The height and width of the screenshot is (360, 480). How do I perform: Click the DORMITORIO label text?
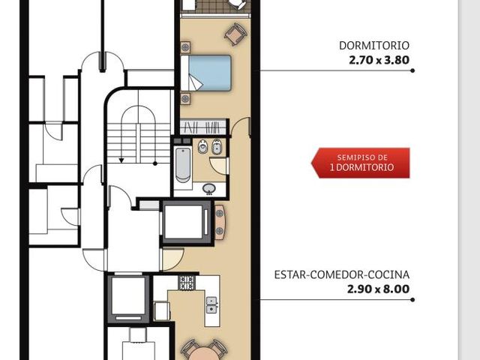pyautogui.click(x=374, y=46)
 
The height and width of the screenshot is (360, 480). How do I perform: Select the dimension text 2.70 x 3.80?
pyautogui.click(x=379, y=60)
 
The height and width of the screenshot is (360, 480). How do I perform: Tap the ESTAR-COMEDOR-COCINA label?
pyautogui.click(x=342, y=274)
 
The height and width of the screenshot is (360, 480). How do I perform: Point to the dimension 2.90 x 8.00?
pyautogui.click(x=378, y=289)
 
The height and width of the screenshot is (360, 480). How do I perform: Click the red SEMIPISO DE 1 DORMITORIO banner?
pyautogui.click(x=360, y=163)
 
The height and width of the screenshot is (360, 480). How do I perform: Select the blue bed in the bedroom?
pyautogui.click(x=205, y=73)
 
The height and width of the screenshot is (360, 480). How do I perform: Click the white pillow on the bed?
pyautogui.click(x=185, y=73)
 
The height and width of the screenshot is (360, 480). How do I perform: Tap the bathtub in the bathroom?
pyautogui.click(x=183, y=165)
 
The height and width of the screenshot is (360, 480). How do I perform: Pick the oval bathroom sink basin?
pyautogui.click(x=209, y=188)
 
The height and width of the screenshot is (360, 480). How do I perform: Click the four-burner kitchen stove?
pyautogui.click(x=187, y=283)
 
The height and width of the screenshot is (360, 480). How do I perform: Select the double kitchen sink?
pyautogui.click(x=211, y=305)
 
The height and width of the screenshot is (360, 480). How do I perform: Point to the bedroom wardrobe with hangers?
pyautogui.click(x=203, y=127)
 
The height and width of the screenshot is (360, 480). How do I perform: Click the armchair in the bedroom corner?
pyautogui.click(x=235, y=33)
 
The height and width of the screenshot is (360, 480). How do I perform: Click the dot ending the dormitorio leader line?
pyautogui.click(x=412, y=70)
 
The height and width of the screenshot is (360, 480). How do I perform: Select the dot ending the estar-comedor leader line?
pyautogui.click(x=412, y=300)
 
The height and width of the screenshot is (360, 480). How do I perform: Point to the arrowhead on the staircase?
pyautogui.click(x=121, y=160)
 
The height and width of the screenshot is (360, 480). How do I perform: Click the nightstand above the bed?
pyautogui.click(x=185, y=47)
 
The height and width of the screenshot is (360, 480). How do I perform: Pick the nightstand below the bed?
pyautogui.click(x=185, y=99)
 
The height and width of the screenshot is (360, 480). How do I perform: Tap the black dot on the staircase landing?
pyautogui.click(x=155, y=163)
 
